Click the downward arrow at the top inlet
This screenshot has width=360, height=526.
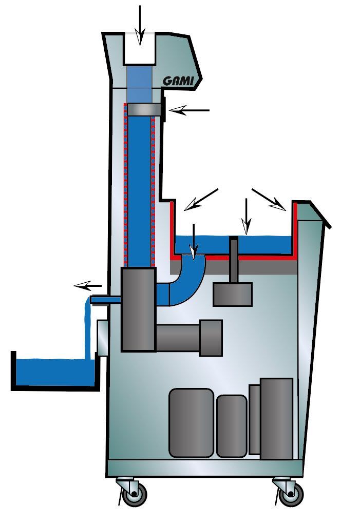click(x=140, y=25)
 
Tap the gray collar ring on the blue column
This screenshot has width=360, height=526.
click(x=144, y=109)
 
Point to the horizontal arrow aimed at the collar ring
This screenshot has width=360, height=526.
click(x=189, y=110)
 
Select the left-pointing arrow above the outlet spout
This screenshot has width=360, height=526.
click(x=88, y=285)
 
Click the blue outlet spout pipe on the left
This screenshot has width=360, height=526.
click(x=106, y=300)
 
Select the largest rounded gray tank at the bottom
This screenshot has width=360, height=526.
click(x=191, y=423)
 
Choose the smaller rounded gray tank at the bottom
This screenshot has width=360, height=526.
click(x=232, y=426)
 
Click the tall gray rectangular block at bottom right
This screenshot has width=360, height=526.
click(x=276, y=418)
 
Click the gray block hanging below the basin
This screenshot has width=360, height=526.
click(x=233, y=294)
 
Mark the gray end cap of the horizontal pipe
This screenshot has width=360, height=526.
click(x=211, y=338)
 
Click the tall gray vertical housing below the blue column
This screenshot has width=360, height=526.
click(x=139, y=309)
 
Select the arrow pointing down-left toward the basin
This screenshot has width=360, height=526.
click(x=201, y=200)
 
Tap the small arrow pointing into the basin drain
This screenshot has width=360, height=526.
click(x=194, y=242)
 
